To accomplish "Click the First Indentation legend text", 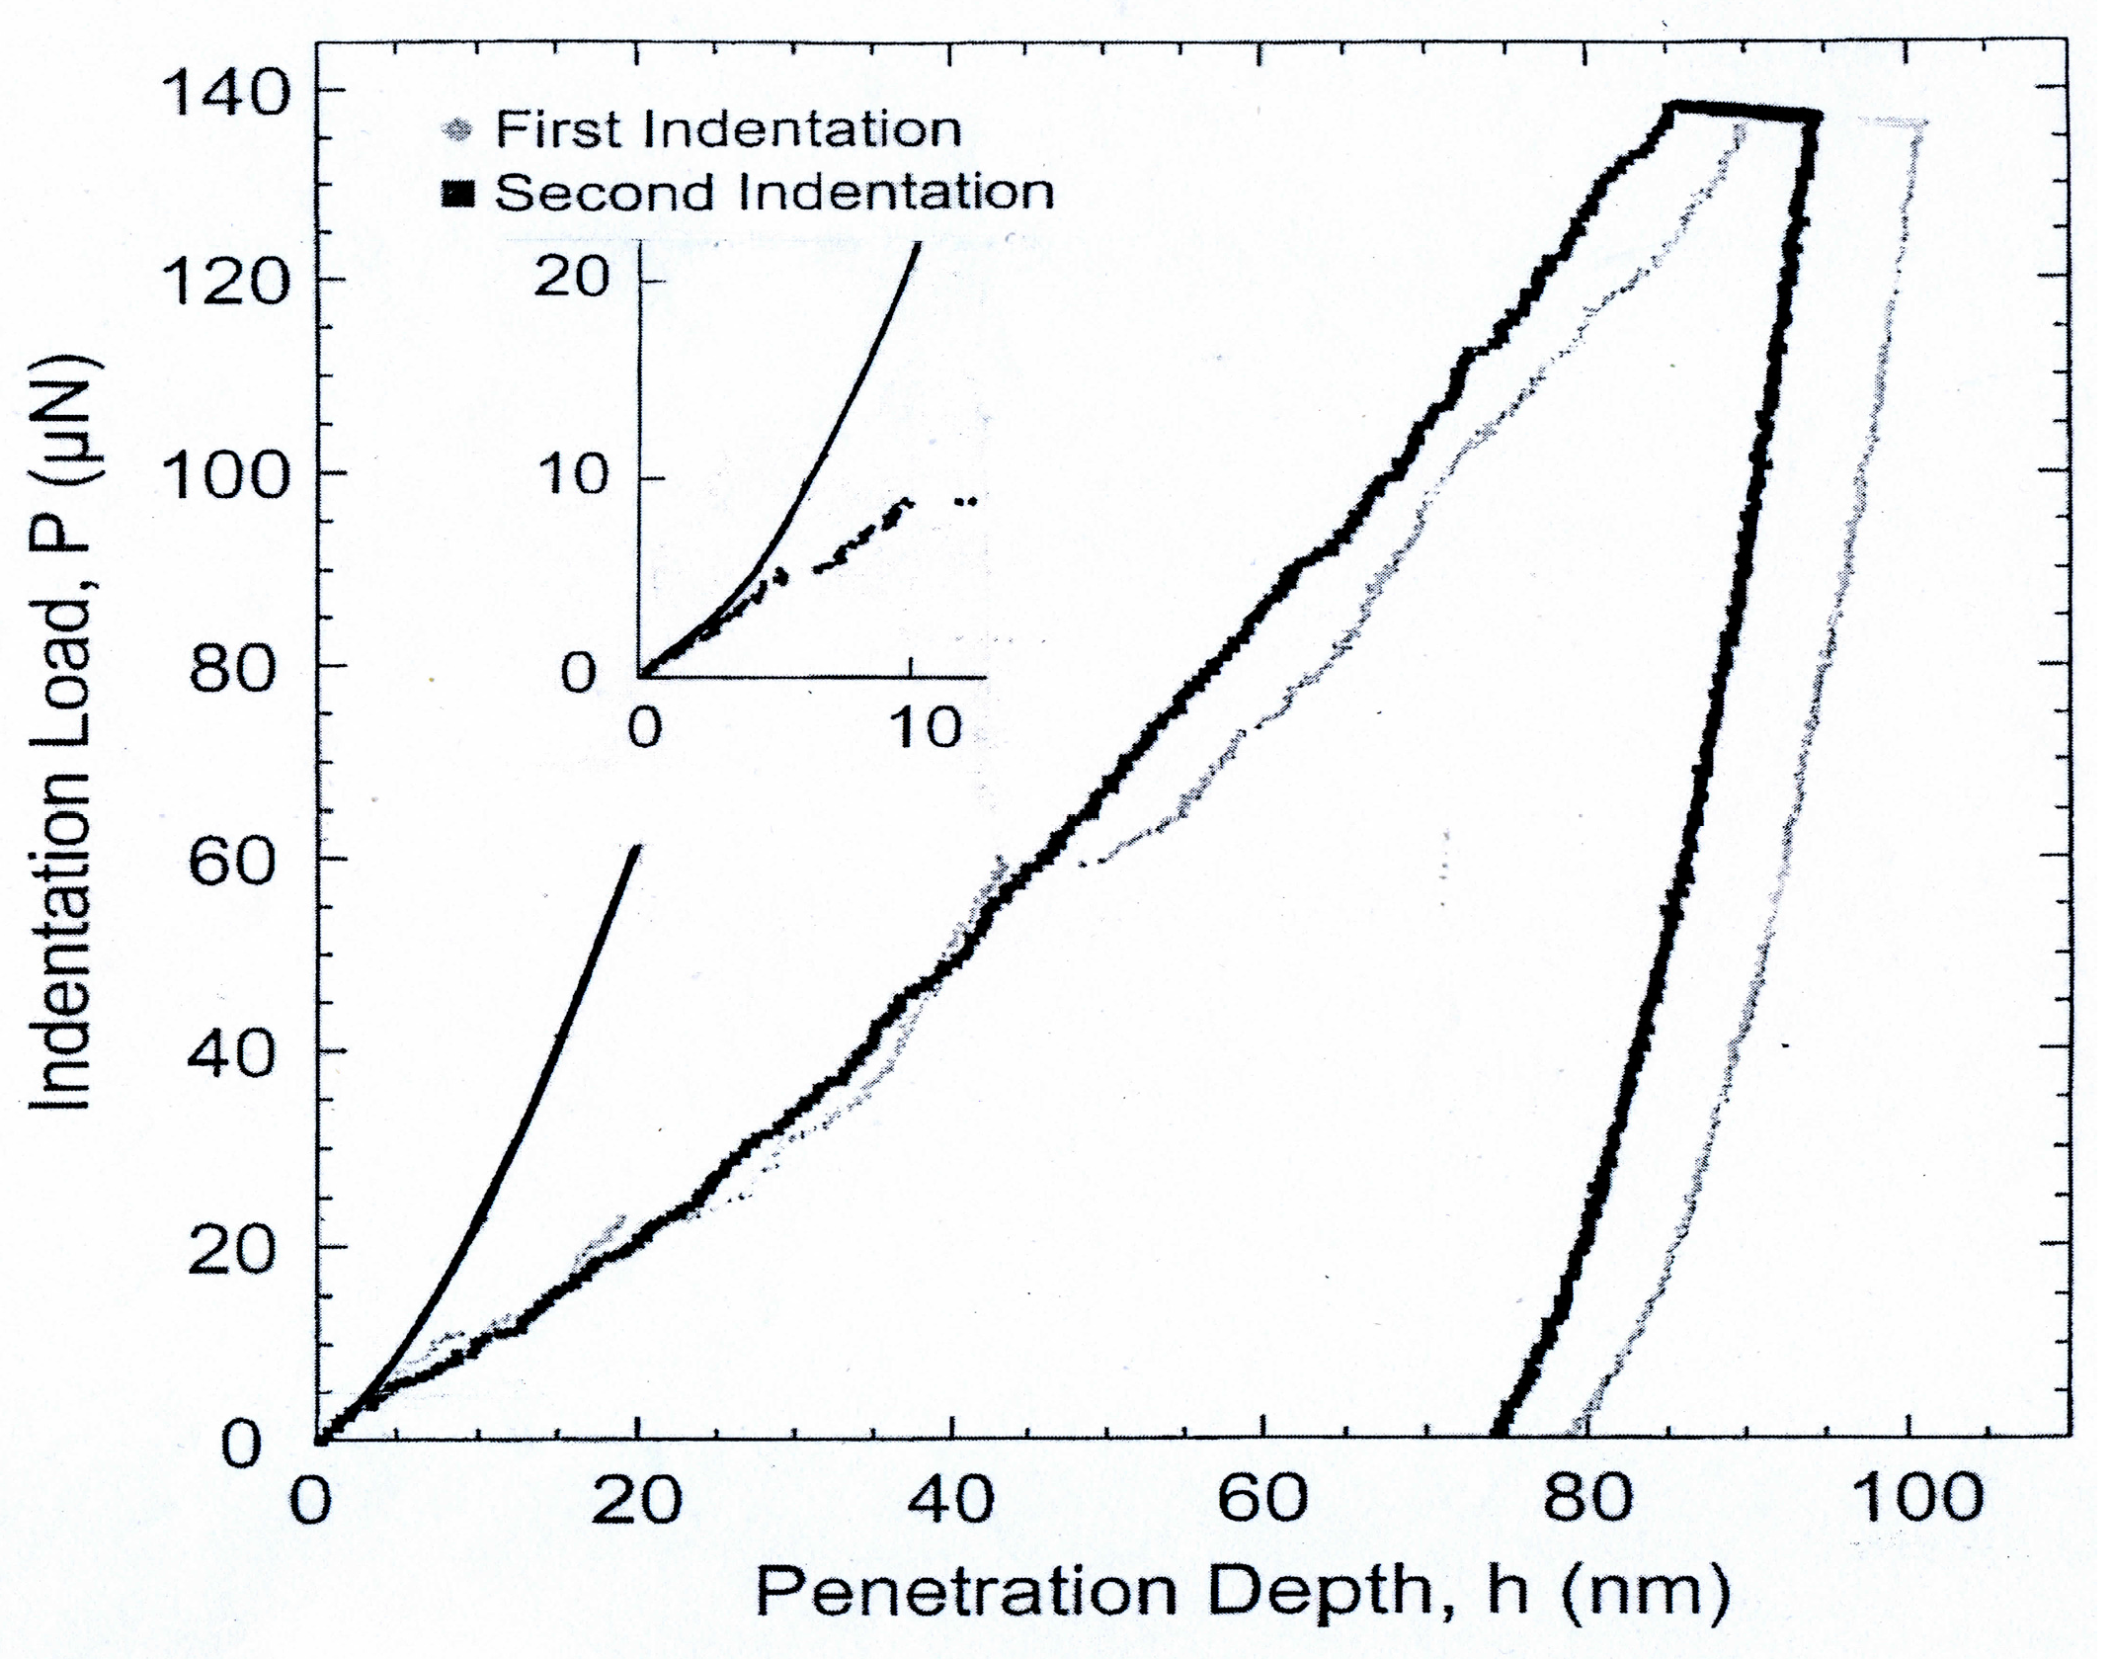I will tap(727, 129).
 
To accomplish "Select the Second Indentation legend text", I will tap(773, 192).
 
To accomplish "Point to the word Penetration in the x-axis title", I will tap(965, 1592).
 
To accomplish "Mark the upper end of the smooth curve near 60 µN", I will tap(639, 846).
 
